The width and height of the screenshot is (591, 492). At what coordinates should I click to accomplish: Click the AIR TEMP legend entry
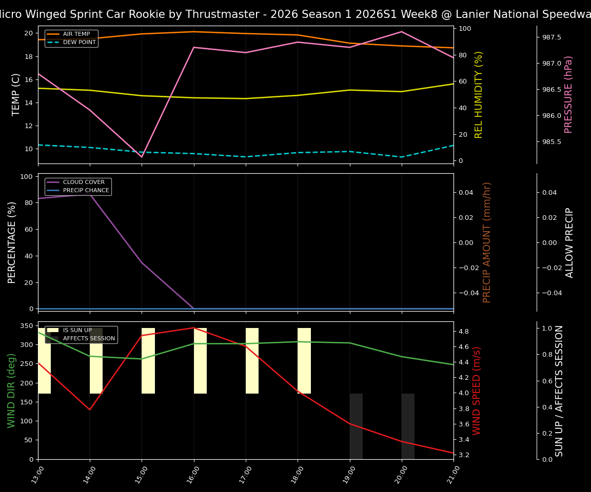tap(76, 34)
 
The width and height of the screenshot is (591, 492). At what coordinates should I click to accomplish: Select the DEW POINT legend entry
tap(79, 43)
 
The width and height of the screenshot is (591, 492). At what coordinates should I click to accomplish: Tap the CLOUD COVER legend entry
tap(84, 182)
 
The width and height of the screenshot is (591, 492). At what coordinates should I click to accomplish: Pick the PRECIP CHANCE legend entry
tap(86, 191)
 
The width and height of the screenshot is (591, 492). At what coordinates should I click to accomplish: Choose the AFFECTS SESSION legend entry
tap(89, 339)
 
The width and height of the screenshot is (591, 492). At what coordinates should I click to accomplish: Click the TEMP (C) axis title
tap(16, 94)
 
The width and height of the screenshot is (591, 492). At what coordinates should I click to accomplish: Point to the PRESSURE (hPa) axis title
tap(568, 94)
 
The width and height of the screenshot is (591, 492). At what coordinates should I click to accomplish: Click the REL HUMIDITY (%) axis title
tap(479, 94)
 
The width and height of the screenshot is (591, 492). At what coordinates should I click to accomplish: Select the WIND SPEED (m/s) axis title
tap(477, 391)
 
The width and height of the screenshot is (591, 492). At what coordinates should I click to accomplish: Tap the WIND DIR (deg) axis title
tap(11, 391)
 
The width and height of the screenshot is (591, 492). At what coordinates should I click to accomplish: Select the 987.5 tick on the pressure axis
tap(548, 37)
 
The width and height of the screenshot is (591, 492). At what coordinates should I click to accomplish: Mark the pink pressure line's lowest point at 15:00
tap(142, 157)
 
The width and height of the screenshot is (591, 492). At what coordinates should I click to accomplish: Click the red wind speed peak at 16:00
tap(194, 328)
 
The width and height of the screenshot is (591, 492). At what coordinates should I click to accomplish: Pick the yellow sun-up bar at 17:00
tap(252, 361)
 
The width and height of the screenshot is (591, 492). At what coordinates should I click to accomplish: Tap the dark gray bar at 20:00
tap(408, 426)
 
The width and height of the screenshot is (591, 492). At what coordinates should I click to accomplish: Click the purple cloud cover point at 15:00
tap(142, 262)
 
